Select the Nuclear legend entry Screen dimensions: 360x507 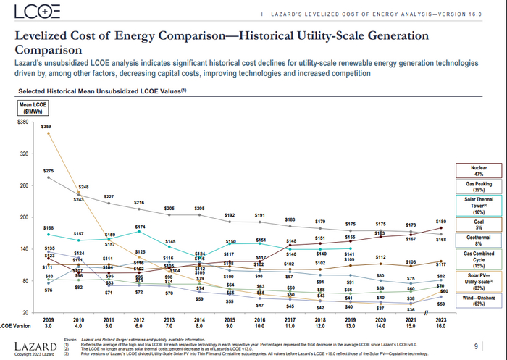[x=478, y=170]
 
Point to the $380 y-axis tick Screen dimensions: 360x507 [x=22, y=122]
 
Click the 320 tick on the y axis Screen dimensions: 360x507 [x=23, y=154]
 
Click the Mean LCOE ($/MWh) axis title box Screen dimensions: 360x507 [x=32, y=108]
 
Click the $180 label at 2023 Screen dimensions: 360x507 [x=441, y=221]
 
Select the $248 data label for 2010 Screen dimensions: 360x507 [x=83, y=188]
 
